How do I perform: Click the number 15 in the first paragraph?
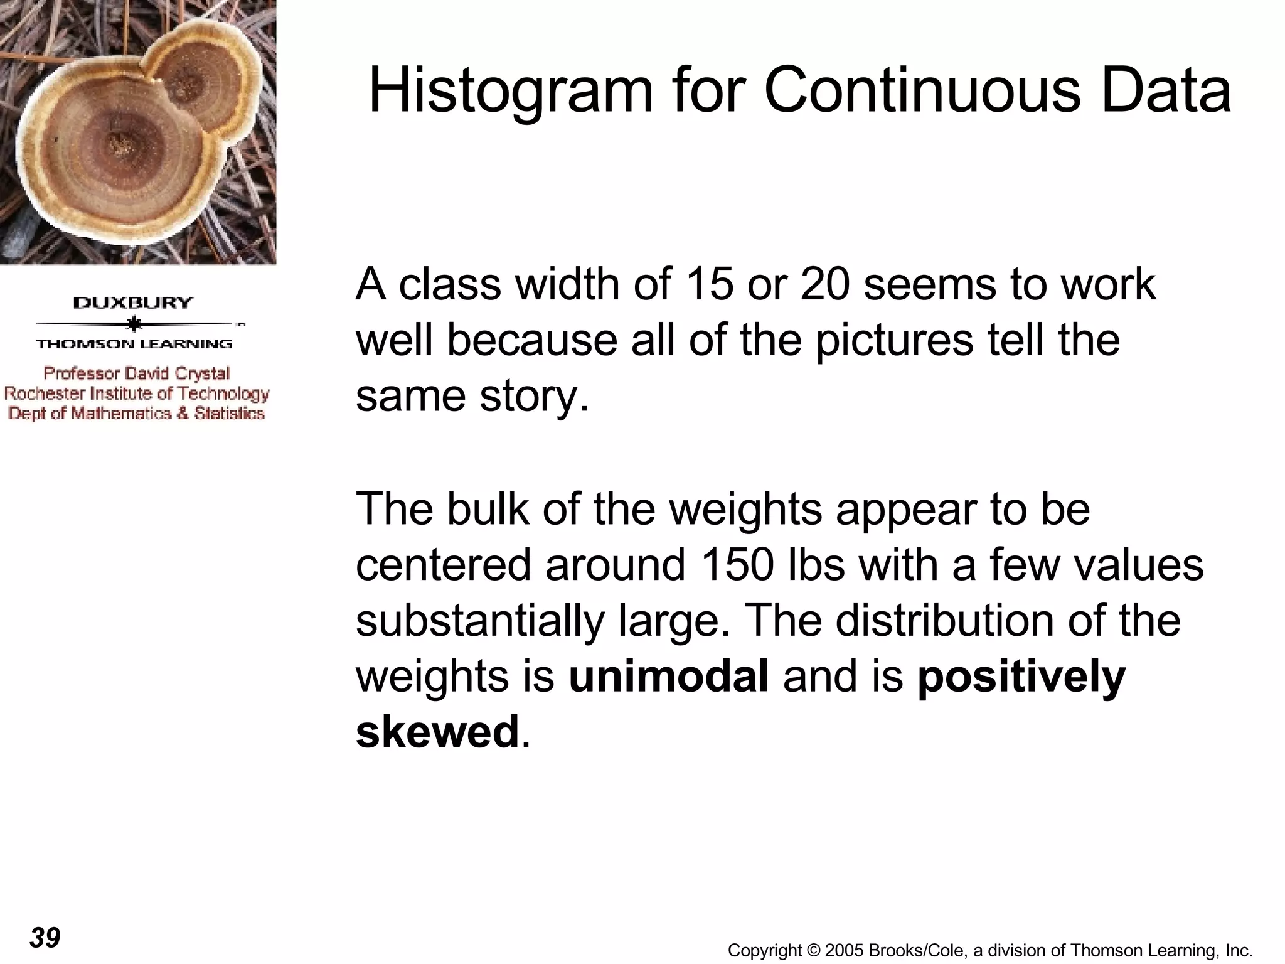click(709, 284)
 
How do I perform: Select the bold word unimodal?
click(668, 677)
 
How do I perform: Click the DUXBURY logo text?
click(133, 303)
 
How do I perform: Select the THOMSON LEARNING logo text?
click(134, 344)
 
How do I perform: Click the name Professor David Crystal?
click(137, 373)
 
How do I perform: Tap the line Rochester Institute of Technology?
click(137, 394)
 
